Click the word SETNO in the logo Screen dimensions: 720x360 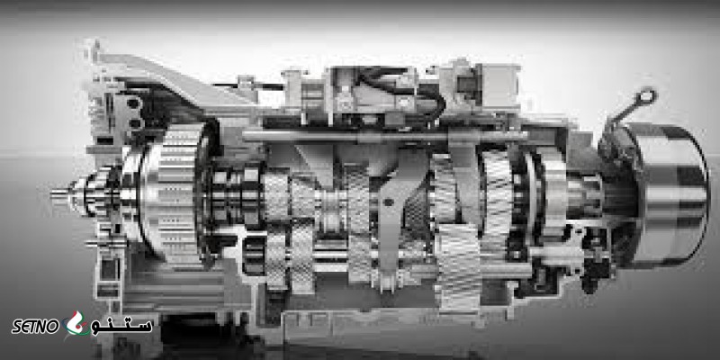click(x=35, y=327)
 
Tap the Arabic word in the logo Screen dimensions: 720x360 click(x=122, y=326)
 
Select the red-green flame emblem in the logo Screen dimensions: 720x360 click(x=76, y=324)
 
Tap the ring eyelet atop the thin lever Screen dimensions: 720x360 click(x=647, y=97)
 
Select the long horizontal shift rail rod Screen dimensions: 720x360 click(x=385, y=137)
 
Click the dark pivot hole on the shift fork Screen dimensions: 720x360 click(x=390, y=202)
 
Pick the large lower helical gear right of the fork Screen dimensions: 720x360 click(x=458, y=266)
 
